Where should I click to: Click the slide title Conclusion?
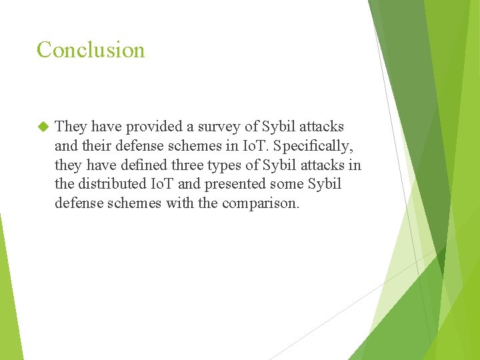click(91, 50)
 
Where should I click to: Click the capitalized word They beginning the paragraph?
click(71, 127)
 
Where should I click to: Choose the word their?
click(97, 146)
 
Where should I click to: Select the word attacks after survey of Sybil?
click(321, 127)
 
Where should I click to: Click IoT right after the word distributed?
click(164, 184)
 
